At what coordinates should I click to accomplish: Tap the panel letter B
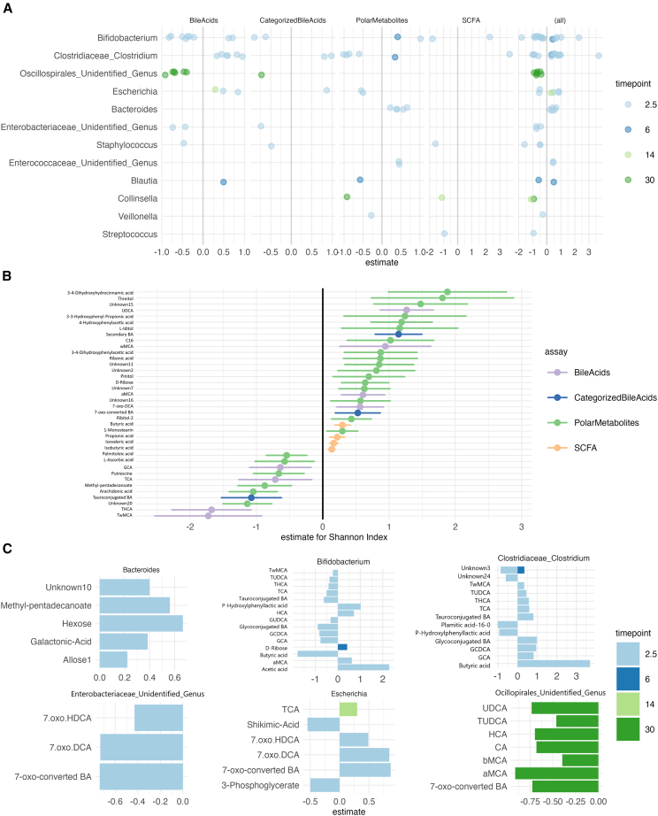(7, 276)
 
